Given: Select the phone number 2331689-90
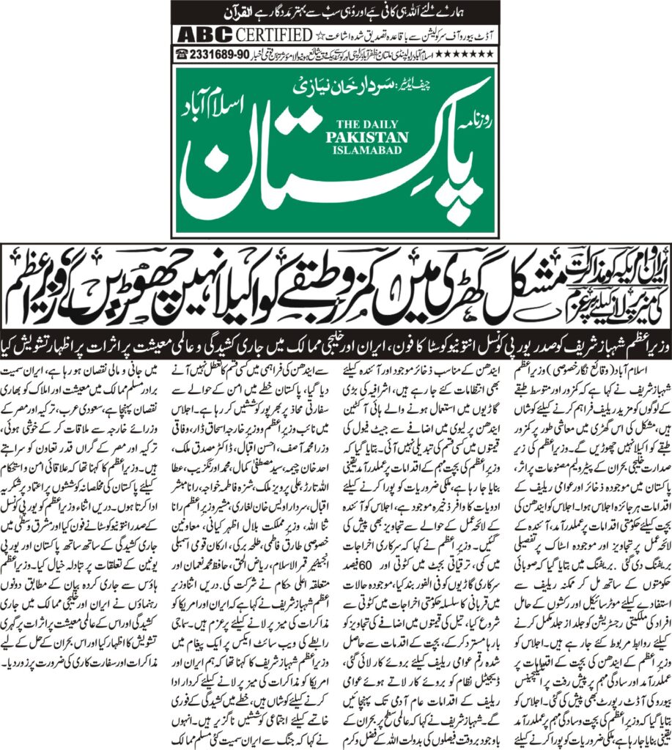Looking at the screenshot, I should [219, 53].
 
